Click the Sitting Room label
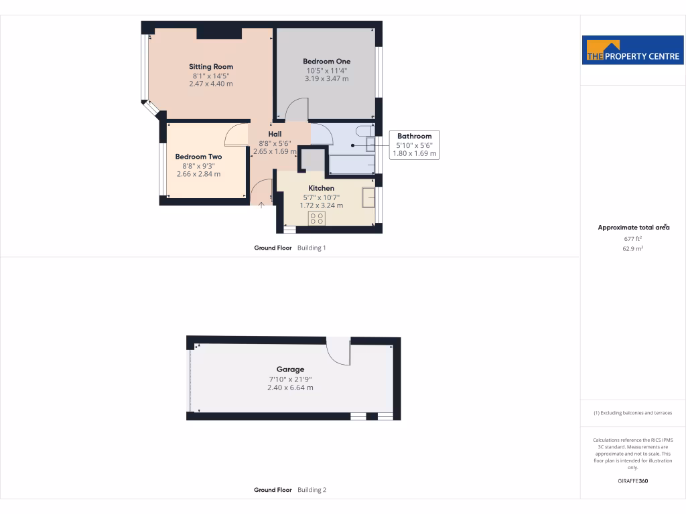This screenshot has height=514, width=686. tap(210, 67)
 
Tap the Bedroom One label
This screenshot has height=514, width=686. tap(326, 62)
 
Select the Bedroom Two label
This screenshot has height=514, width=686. tap(198, 157)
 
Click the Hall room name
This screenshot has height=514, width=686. tap(275, 134)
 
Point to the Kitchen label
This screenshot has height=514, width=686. tap(321, 188)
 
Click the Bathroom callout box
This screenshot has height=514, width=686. tap(414, 145)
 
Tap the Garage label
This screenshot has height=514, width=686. tap(290, 369)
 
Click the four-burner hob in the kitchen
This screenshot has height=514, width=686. tap(316, 219)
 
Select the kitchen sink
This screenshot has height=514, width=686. tap(368, 199)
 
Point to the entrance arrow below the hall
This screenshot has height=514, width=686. tap(261, 205)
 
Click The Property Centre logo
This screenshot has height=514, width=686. tap(633, 50)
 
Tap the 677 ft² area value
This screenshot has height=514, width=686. tap(633, 238)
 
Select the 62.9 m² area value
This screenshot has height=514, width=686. tap(633, 248)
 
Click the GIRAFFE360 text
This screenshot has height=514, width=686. tap(633, 481)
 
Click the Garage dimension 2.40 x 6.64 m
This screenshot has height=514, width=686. tap(290, 388)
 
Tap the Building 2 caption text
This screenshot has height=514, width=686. tap(312, 490)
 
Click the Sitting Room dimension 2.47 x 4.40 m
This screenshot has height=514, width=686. tap(210, 84)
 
